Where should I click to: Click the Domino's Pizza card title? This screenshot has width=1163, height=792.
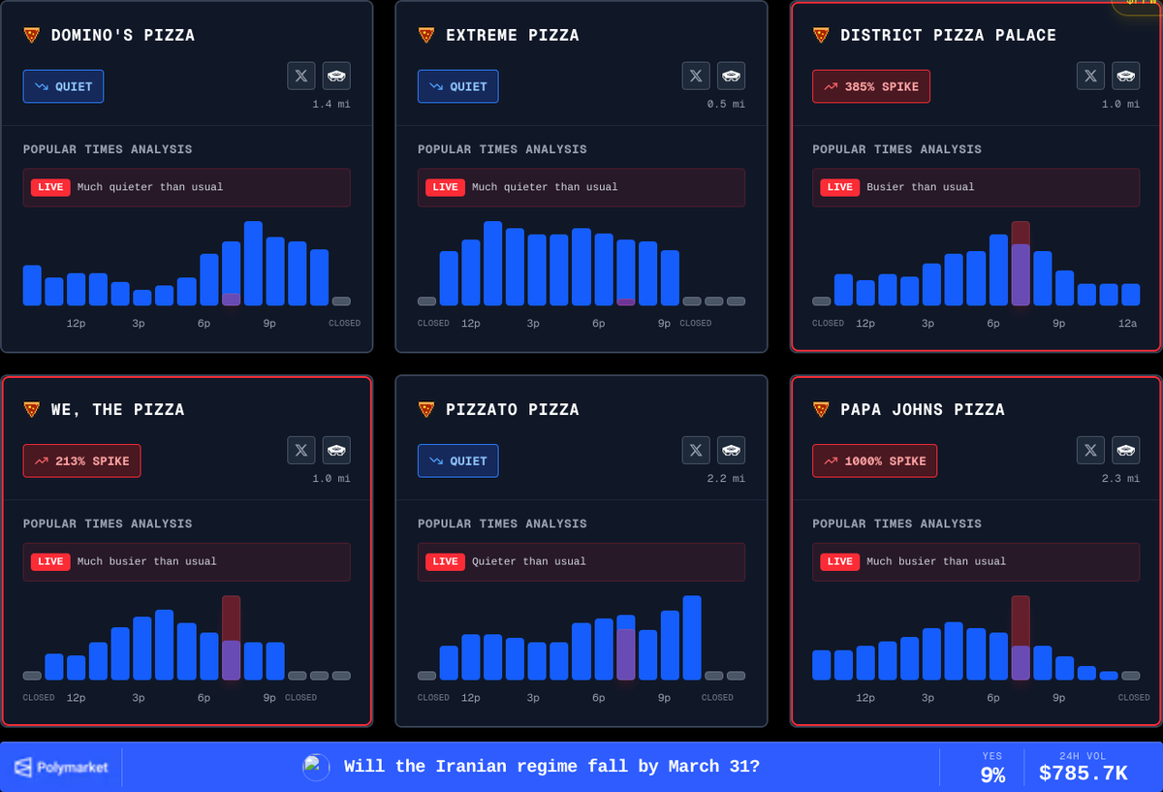(x=122, y=36)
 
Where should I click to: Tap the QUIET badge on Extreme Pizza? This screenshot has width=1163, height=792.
(x=457, y=86)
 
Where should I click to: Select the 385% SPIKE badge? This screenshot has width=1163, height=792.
(x=870, y=86)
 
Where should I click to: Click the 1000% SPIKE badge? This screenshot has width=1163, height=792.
(x=874, y=460)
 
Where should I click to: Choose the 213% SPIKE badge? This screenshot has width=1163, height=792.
(x=81, y=460)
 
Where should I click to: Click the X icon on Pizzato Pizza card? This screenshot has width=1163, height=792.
(x=695, y=450)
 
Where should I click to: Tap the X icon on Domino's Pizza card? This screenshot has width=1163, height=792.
(x=300, y=76)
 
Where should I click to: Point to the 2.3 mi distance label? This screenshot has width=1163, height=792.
(x=1120, y=479)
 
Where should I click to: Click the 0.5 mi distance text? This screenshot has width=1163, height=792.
(x=725, y=105)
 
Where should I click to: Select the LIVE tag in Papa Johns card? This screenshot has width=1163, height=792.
(x=839, y=561)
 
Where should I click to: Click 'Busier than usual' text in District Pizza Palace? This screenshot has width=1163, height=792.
(x=920, y=187)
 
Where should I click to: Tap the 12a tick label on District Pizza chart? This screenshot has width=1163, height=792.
(x=1127, y=324)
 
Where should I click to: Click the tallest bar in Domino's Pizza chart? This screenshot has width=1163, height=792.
(x=253, y=264)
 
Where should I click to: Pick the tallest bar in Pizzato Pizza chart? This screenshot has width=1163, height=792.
(x=691, y=638)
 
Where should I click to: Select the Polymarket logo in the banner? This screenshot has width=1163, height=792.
(x=61, y=768)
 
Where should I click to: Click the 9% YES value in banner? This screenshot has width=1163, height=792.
(x=992, y=775)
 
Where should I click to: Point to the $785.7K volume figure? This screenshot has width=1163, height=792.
(x=1083, y=774)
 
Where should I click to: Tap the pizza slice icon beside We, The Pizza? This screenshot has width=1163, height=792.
(x=32, y=410)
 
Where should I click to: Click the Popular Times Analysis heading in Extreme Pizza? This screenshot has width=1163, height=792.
(x=501, y=149)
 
